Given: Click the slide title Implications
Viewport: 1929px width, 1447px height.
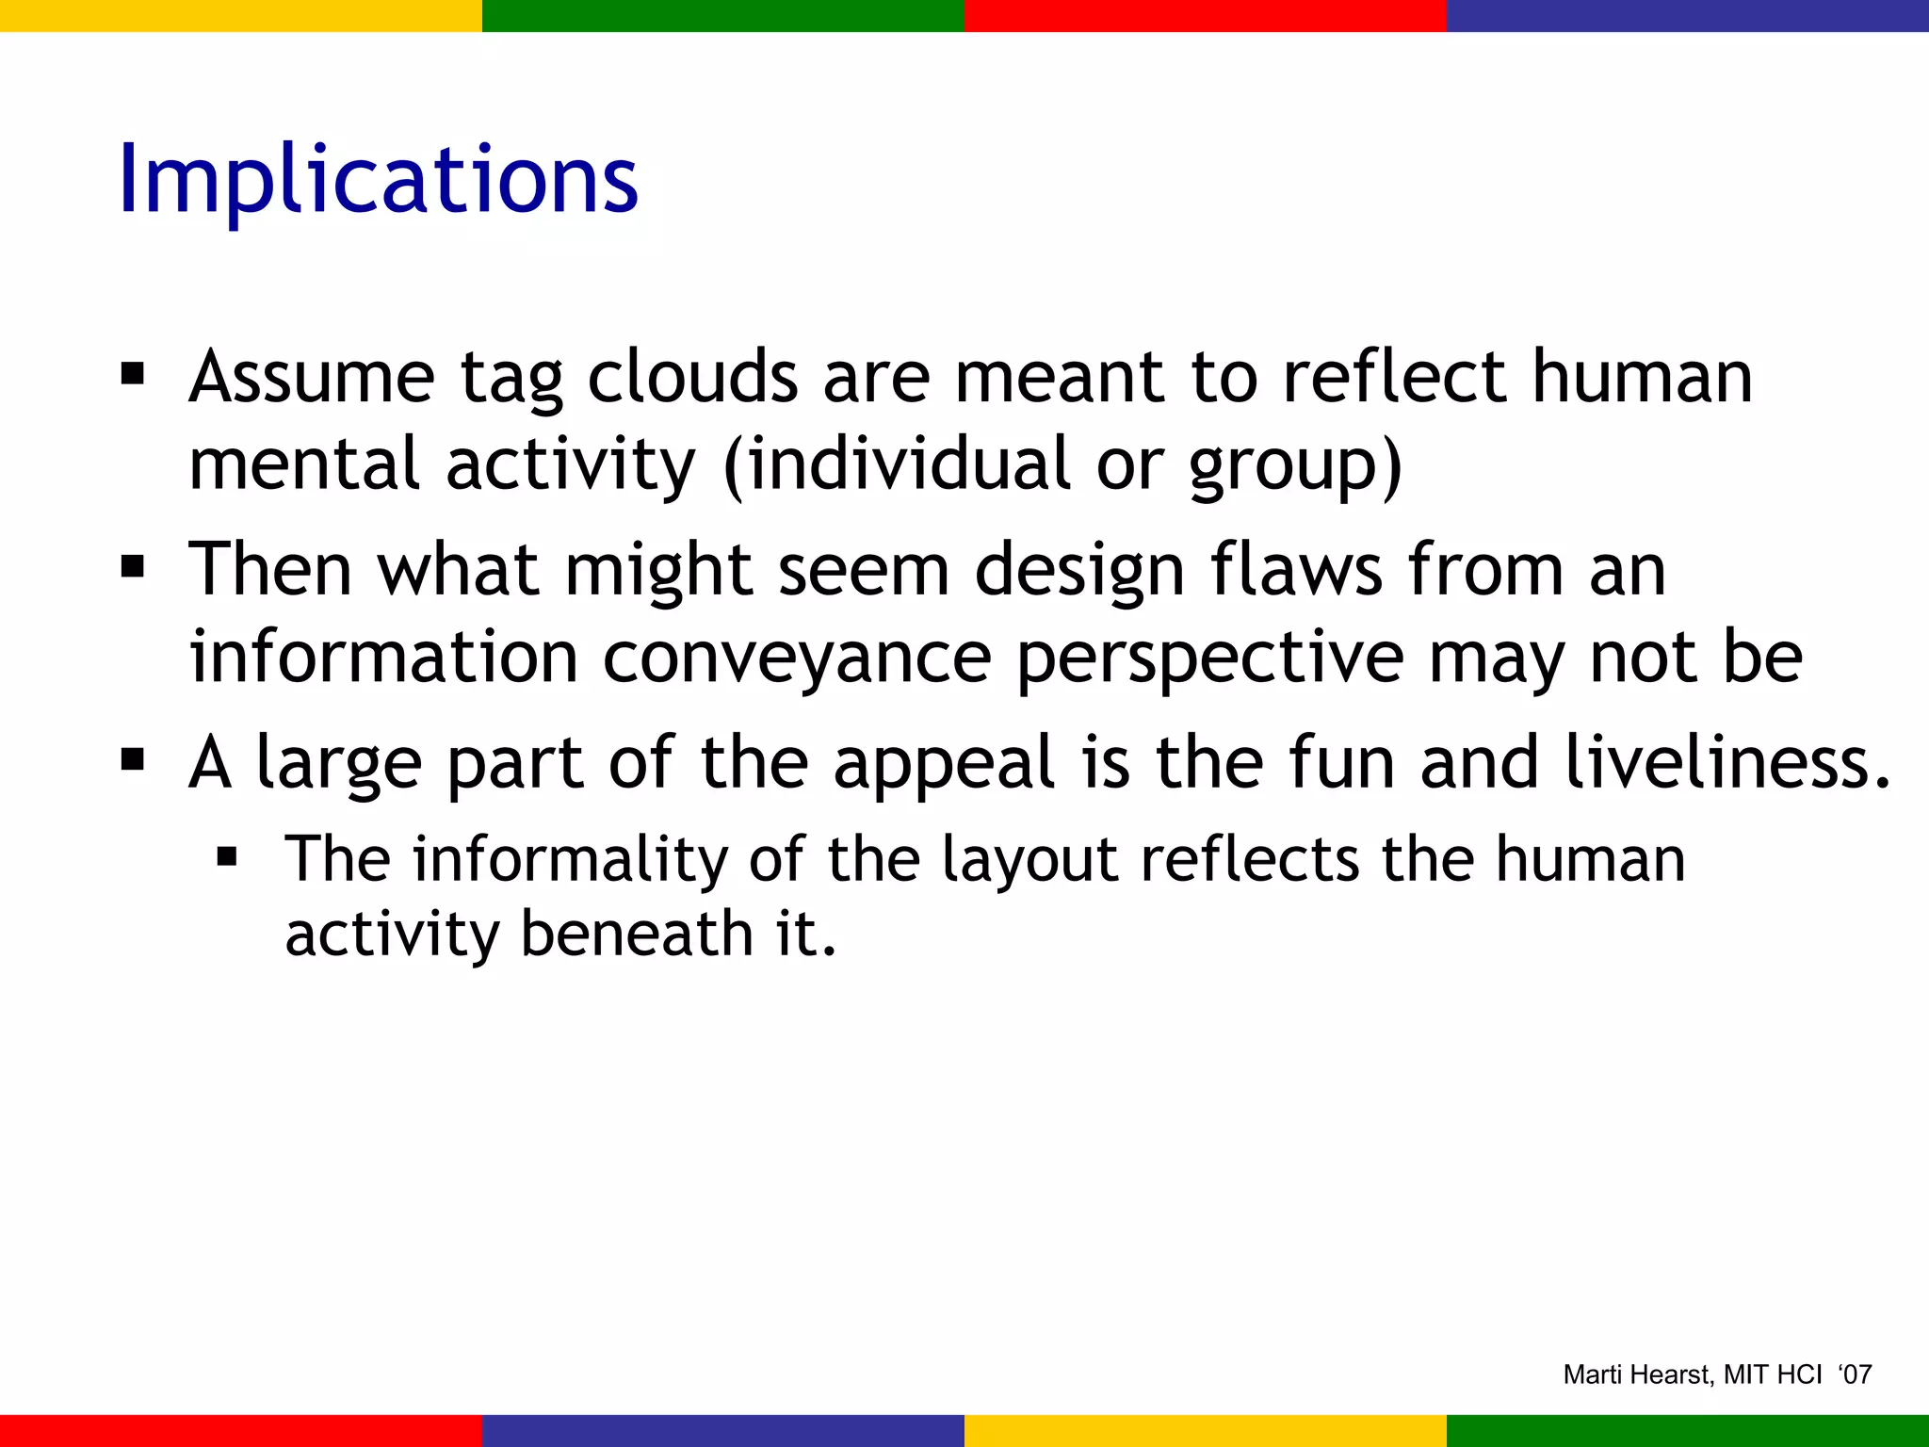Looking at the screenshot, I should (x=378, y=181).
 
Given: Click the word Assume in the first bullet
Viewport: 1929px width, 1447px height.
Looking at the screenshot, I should (x=311, y=378).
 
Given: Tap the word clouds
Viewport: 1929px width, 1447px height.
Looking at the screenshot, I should (x=692, y=378).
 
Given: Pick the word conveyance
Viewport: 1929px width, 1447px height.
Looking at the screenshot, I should (x=797, y=658).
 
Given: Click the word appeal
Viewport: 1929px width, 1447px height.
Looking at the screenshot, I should (x=943, y=764).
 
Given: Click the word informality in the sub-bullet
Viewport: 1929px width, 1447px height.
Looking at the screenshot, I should (x=571, y=859).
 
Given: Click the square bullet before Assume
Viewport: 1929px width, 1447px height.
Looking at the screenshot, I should (x=133, y=374).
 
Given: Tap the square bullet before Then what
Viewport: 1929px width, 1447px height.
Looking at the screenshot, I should (x=133, y=567).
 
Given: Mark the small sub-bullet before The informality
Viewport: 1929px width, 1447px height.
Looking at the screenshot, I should (x=226, y=857).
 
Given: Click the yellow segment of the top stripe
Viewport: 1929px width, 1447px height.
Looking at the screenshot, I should (x=241, y=15).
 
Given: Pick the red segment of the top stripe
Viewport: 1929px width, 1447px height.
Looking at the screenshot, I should (x=1206, y=15).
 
